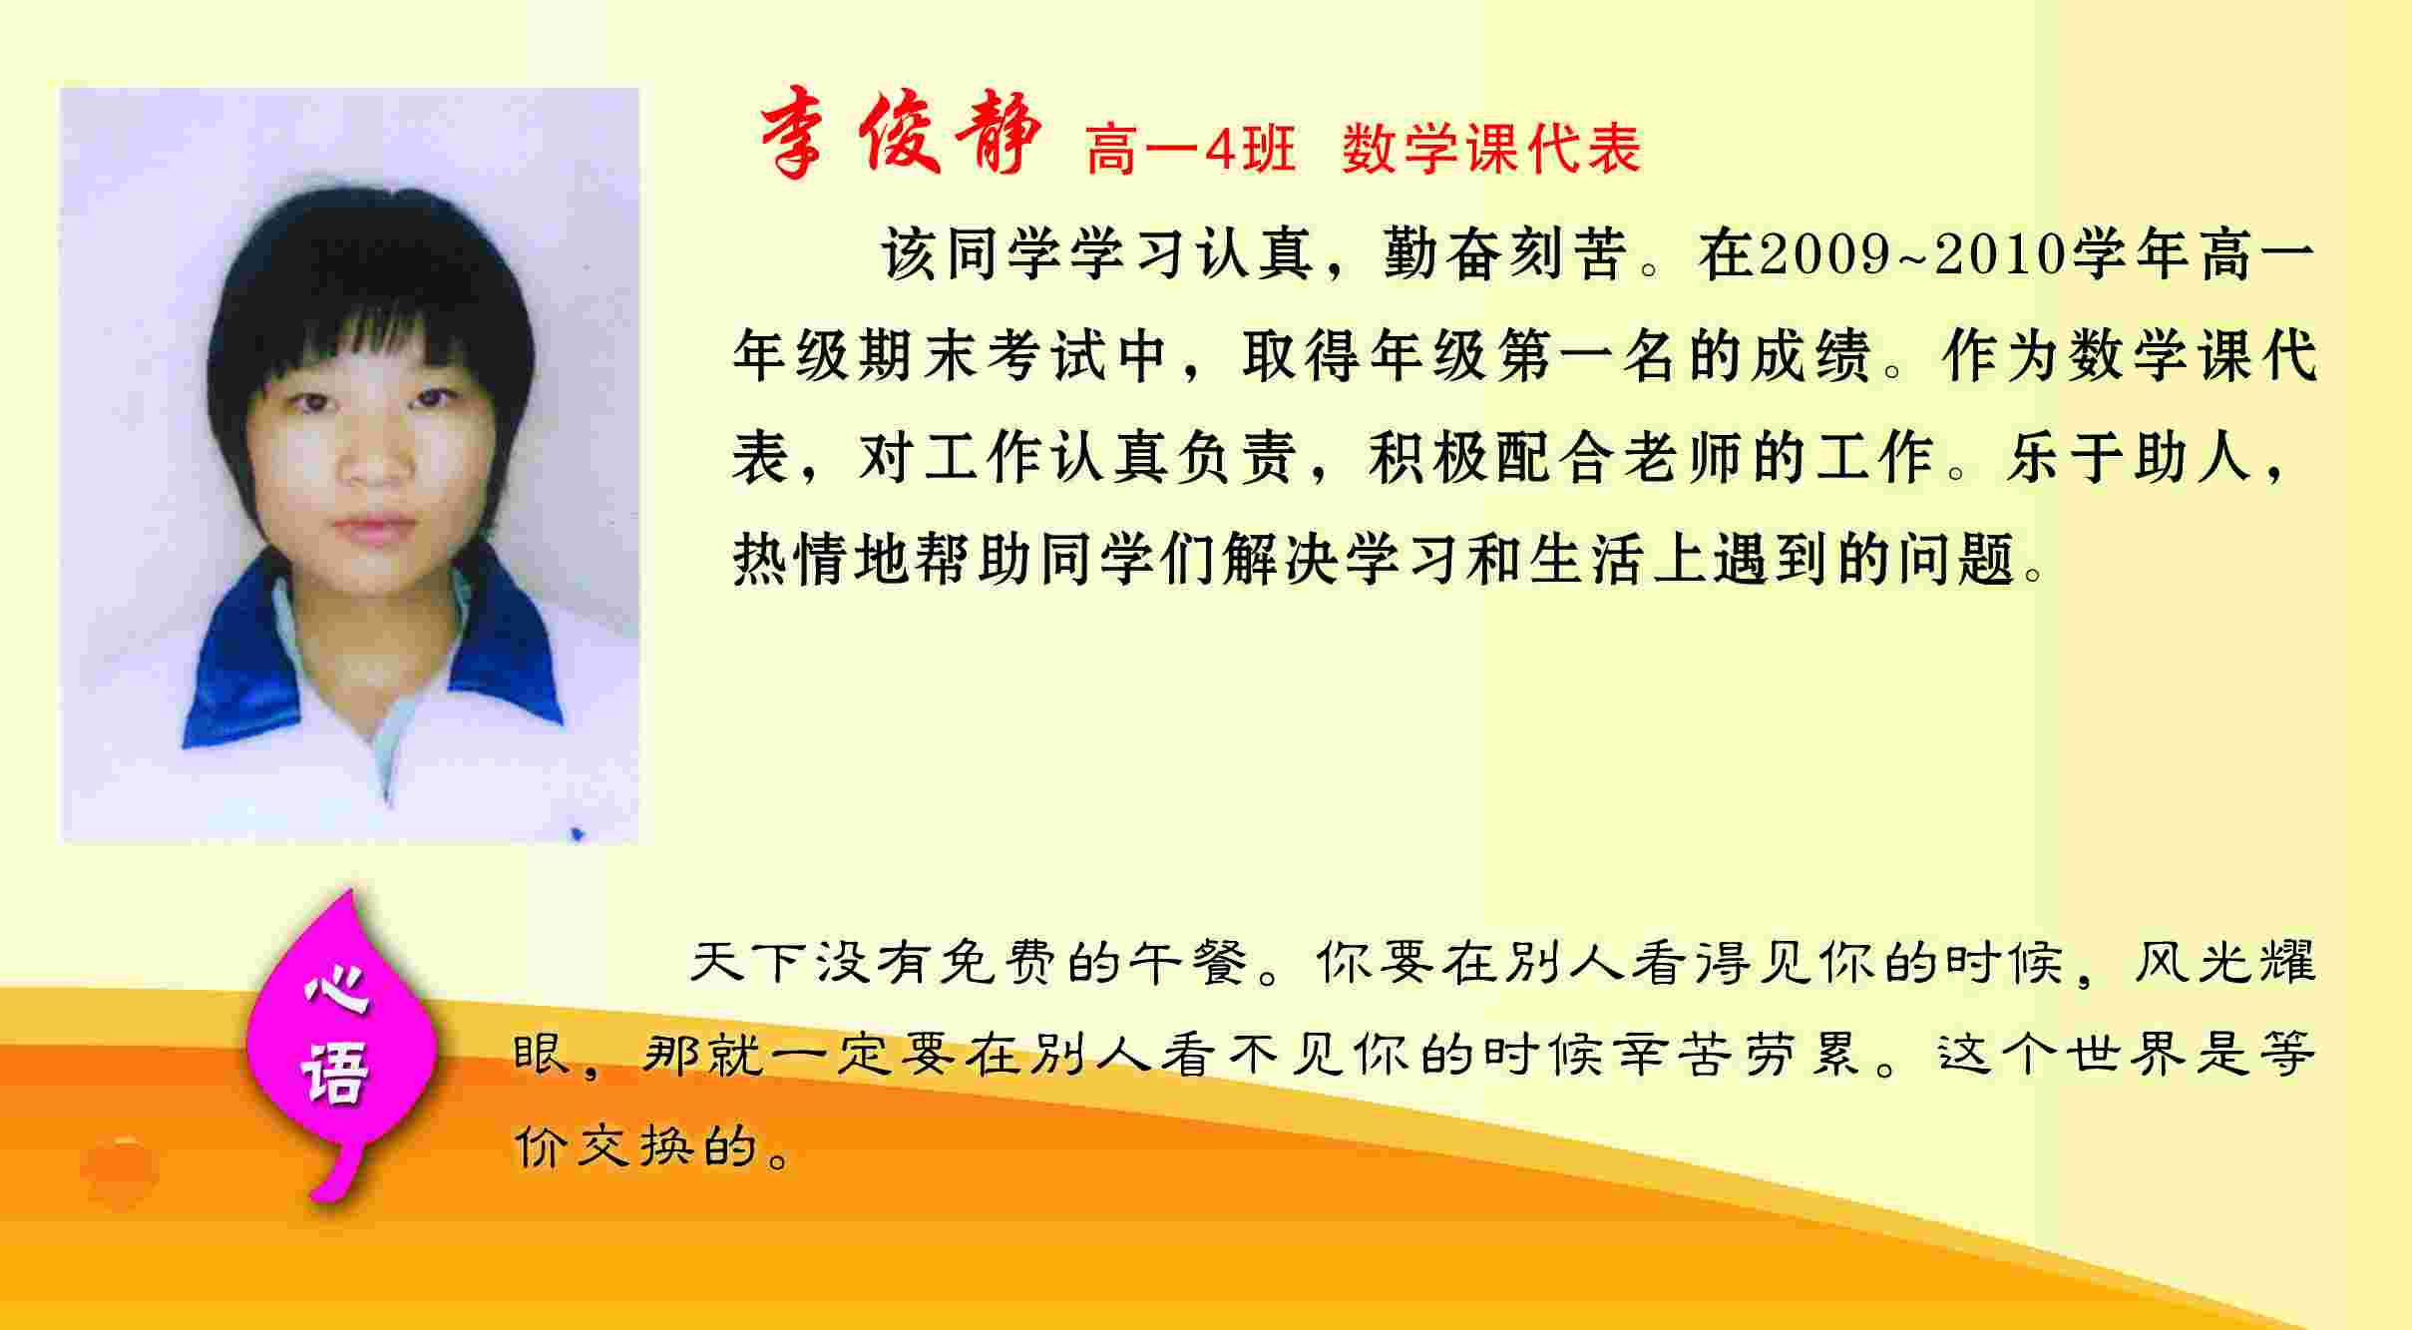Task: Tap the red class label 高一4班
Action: (x=1190, y=151)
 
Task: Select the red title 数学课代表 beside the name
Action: (x=1491, y=151)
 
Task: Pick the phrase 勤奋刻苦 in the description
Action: (x=1506, y=254)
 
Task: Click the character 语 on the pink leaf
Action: (x=336, y=1071)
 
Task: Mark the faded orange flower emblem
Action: (x=120, y=1172)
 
